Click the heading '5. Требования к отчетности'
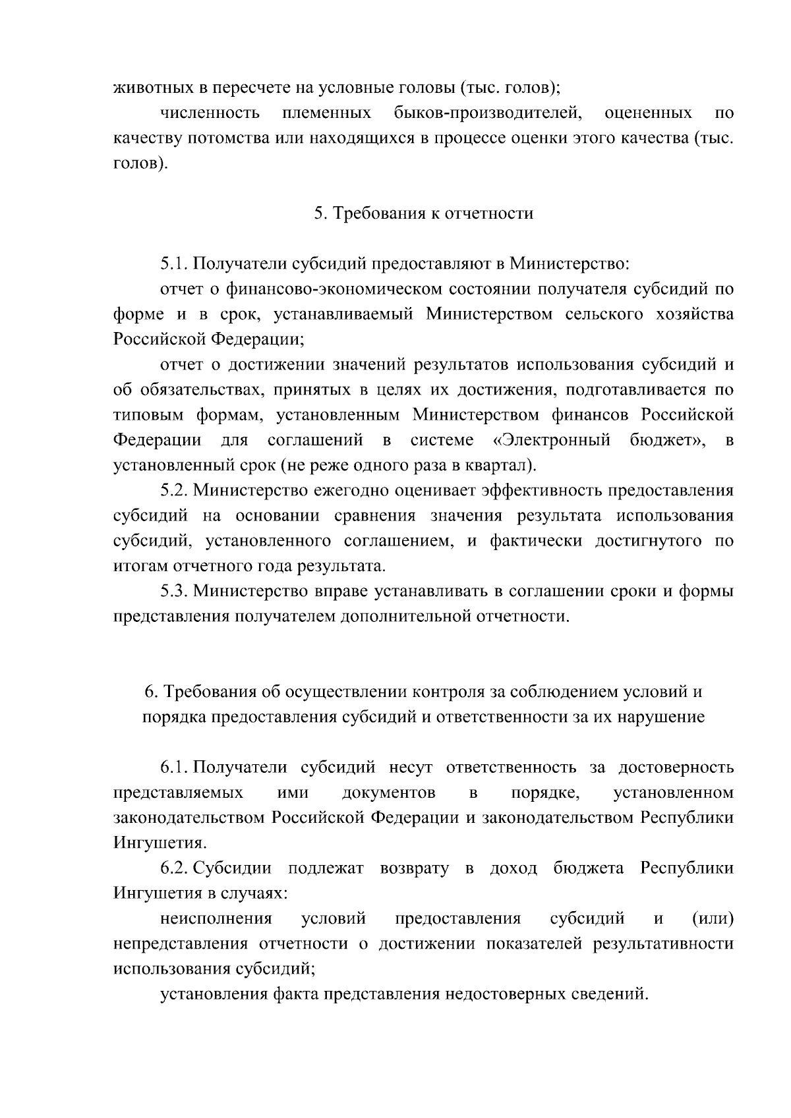pyautogui.click(x=423, y=213)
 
